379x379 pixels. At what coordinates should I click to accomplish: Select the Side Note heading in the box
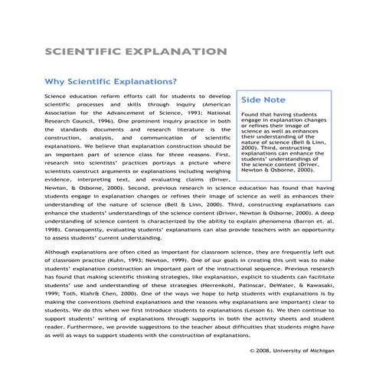pyautogui.click(x=264, y=100)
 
